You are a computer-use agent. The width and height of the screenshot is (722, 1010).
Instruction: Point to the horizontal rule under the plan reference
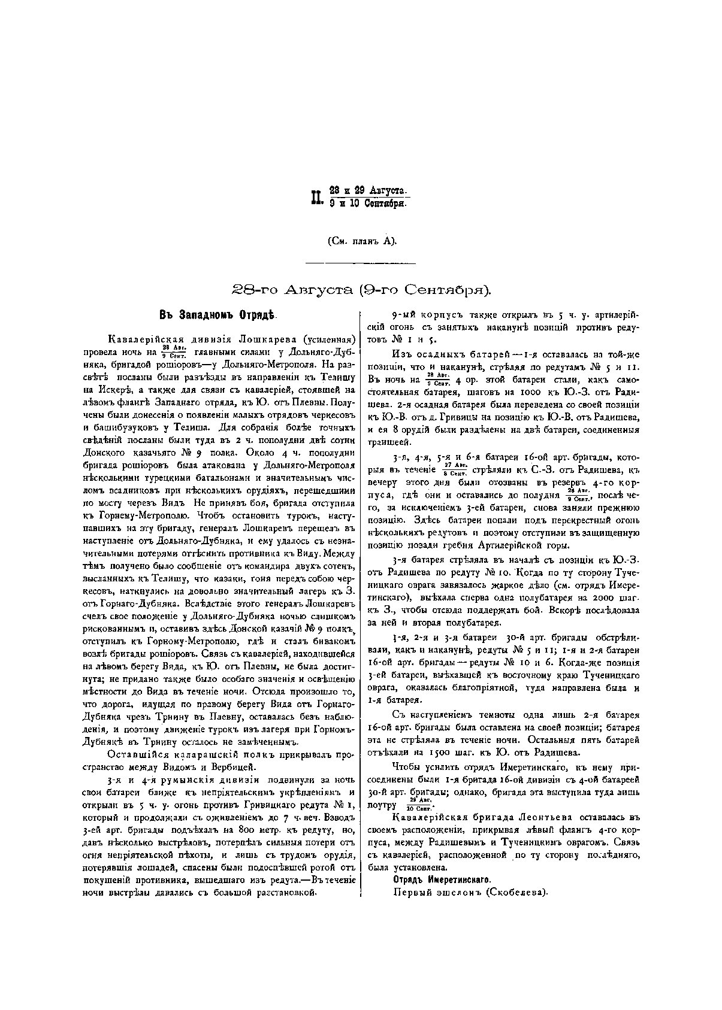pos(361,262)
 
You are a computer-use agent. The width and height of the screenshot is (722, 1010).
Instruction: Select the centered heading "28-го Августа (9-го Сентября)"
pos(361,290)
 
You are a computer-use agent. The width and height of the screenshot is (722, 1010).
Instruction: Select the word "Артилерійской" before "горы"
pos(506,545)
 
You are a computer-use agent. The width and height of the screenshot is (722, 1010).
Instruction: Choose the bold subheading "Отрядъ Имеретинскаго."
pos(442,879)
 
